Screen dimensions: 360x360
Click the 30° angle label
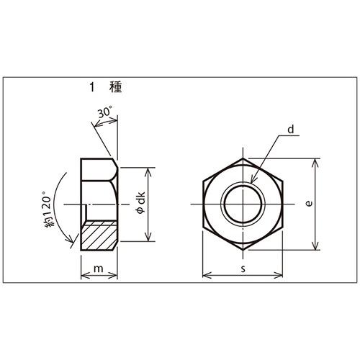105,112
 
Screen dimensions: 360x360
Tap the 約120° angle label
47,209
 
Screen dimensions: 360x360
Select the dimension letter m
99,269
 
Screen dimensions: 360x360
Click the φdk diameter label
141,202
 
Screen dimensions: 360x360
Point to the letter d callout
291,130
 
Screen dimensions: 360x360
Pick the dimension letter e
310,203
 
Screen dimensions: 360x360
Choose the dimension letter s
243,269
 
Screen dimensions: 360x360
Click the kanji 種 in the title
116,87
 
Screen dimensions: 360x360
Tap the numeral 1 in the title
91,87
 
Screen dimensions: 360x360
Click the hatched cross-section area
98,235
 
